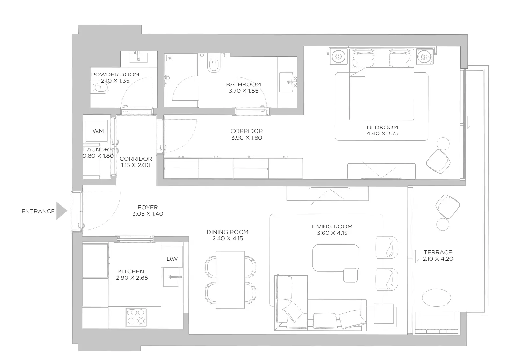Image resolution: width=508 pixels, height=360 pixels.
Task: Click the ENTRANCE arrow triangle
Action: click(61, 211)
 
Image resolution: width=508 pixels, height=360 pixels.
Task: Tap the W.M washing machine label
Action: click(98, 131)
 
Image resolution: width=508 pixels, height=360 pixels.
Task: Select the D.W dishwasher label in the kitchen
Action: click(172, 259)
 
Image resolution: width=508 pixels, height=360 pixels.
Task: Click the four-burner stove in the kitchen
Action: click(136, 317)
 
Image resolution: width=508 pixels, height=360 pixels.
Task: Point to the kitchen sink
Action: click(171, 277)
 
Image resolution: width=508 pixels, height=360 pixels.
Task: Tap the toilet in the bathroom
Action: click(214, 63)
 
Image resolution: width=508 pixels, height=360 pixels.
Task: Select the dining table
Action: click(230, 280)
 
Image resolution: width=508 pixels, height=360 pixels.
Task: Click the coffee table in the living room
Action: click(336, 258)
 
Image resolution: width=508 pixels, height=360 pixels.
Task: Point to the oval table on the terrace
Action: click(436, 298)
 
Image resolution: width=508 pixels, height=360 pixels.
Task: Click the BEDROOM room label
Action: click(382, 127)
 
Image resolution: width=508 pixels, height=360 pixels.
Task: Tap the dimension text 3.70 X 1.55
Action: click(243, 91)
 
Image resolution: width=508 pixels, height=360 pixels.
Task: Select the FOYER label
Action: click(148, 207)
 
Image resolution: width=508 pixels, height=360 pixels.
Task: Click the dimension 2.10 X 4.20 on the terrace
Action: click(438, 259)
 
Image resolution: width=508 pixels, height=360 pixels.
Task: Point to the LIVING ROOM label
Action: click(332, 227)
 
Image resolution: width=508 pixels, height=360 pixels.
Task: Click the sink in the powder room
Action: click(138, 57)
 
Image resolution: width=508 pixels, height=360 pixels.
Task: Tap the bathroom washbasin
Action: click(287, 82)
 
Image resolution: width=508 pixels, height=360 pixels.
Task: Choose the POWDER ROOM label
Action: click(115, 74)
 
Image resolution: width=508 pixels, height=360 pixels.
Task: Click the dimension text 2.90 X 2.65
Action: click(132, 278)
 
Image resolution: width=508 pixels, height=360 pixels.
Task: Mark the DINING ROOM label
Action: click(228, 232)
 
